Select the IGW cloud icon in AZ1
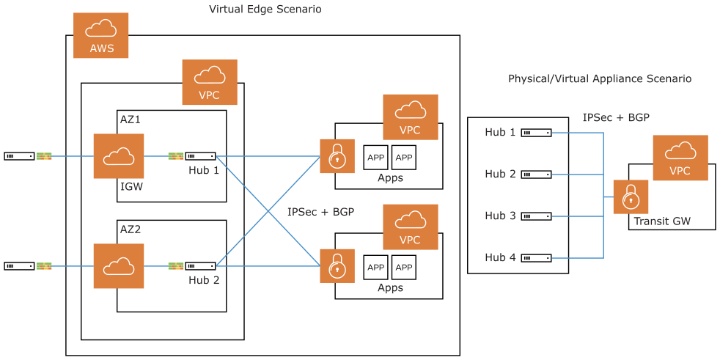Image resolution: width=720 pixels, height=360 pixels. click(118, 155)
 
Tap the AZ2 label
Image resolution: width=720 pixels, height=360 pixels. click(130, 229)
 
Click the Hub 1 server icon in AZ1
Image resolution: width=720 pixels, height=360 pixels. click(200, 155)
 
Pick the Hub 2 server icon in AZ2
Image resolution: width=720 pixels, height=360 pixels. click(200, 265)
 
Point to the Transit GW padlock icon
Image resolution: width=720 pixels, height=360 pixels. click(631, 196)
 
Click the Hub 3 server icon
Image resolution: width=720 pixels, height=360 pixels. click(536, 216)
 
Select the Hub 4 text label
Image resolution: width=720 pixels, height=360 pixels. click(500, 257)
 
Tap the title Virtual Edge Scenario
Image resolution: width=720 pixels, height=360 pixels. click(265, 10)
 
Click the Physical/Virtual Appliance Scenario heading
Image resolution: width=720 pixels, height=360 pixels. click(599, 78)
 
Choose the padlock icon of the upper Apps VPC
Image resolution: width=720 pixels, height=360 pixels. click(337, 155)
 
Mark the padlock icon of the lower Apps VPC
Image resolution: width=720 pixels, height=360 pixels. click(337, 265)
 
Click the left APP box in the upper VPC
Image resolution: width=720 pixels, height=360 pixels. click(376, 157)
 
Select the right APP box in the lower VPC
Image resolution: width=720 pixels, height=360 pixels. click(404, 267)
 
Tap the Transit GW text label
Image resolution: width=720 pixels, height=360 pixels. click(662, 221)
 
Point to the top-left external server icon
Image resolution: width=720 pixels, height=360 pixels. click(19, 155)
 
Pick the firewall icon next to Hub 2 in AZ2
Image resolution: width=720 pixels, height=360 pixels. click(176, 265)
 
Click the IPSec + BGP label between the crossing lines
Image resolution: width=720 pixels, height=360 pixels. click(320, 212)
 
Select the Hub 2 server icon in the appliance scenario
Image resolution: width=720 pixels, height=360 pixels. click(536, 175)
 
